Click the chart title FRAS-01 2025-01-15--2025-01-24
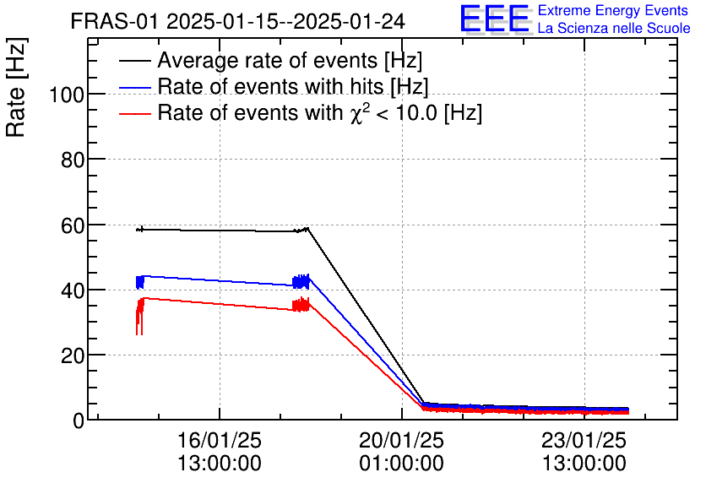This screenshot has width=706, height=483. pyautogui.click(x=237, y=21)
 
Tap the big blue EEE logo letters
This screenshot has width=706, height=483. pyautogui.click(x=495, y=19)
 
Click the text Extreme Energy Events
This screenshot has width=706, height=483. pyautogui.click(x=613, y=11)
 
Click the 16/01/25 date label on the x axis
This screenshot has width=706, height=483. pyautogui.click(x=220, y=441)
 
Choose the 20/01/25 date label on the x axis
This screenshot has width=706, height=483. pyautogui.click(x=402, y=441)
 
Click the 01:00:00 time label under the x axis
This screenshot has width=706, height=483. pyautogui.click(x=402, y=464)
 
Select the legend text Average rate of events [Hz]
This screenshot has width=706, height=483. pyautogui.click(x=290, y=61)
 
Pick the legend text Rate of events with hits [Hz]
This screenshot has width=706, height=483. pyautogui.click(x=293, y=87)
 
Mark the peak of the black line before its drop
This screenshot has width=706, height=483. pyautogui.click(x=308, y=228)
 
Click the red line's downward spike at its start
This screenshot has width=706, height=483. pyautogui.click(x=138, y=333)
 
